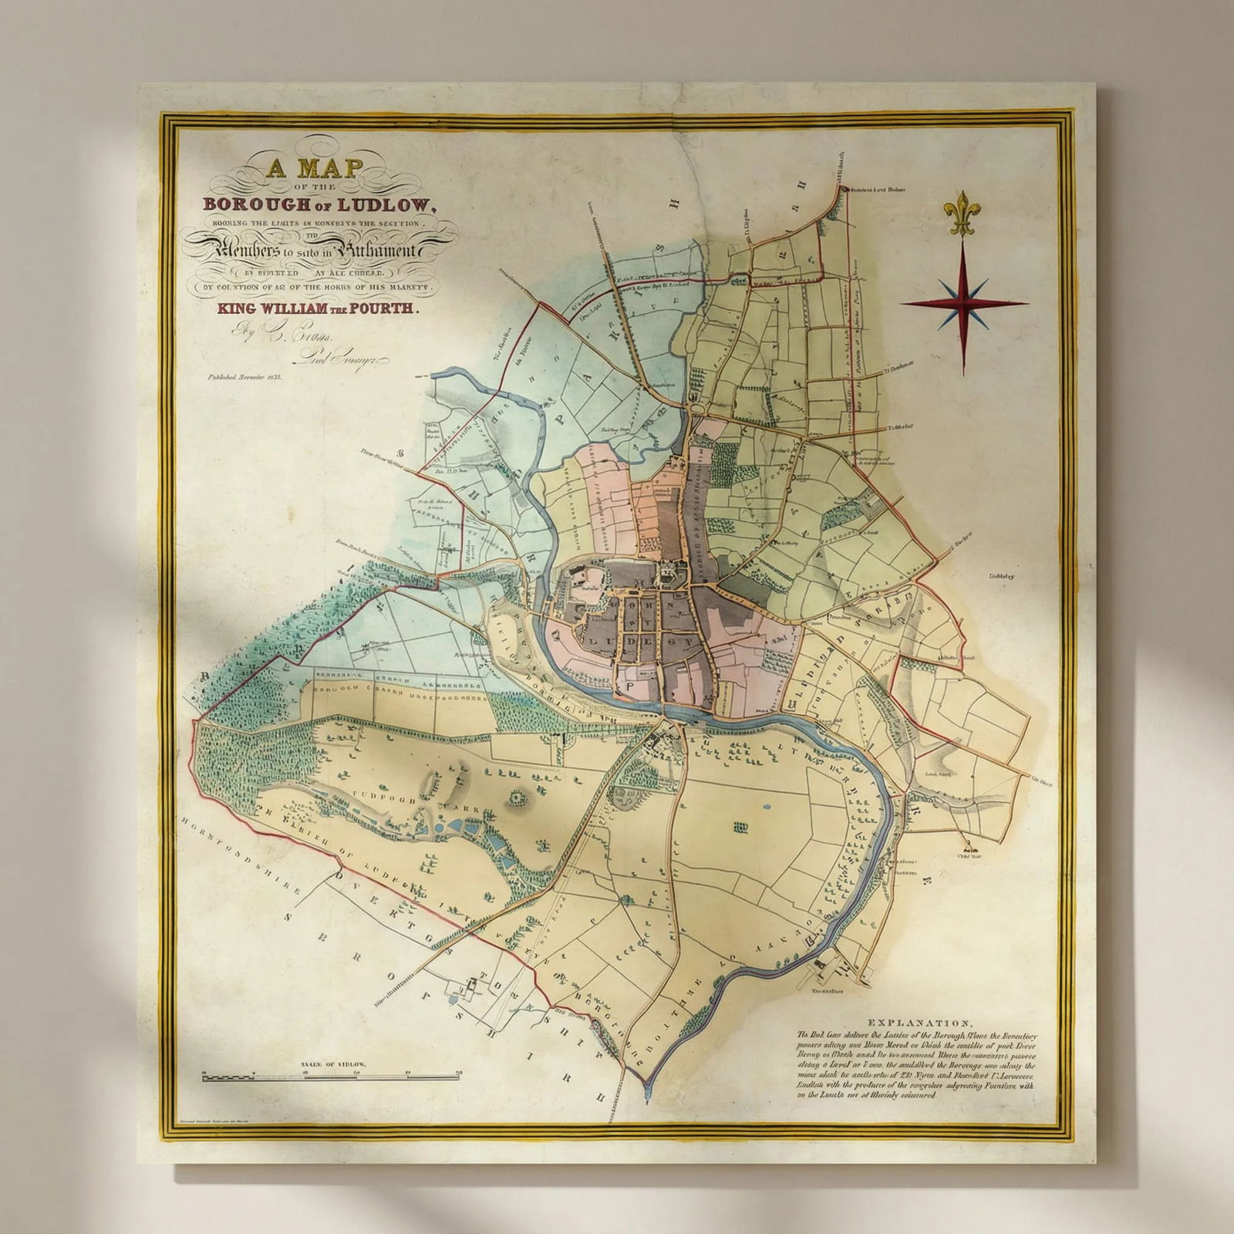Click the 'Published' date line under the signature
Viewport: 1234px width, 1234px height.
[246, 378]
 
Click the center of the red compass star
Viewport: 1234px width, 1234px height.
[963, 303]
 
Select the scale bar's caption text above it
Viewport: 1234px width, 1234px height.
[332, 1064]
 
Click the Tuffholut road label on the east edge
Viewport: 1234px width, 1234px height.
[899, 427]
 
